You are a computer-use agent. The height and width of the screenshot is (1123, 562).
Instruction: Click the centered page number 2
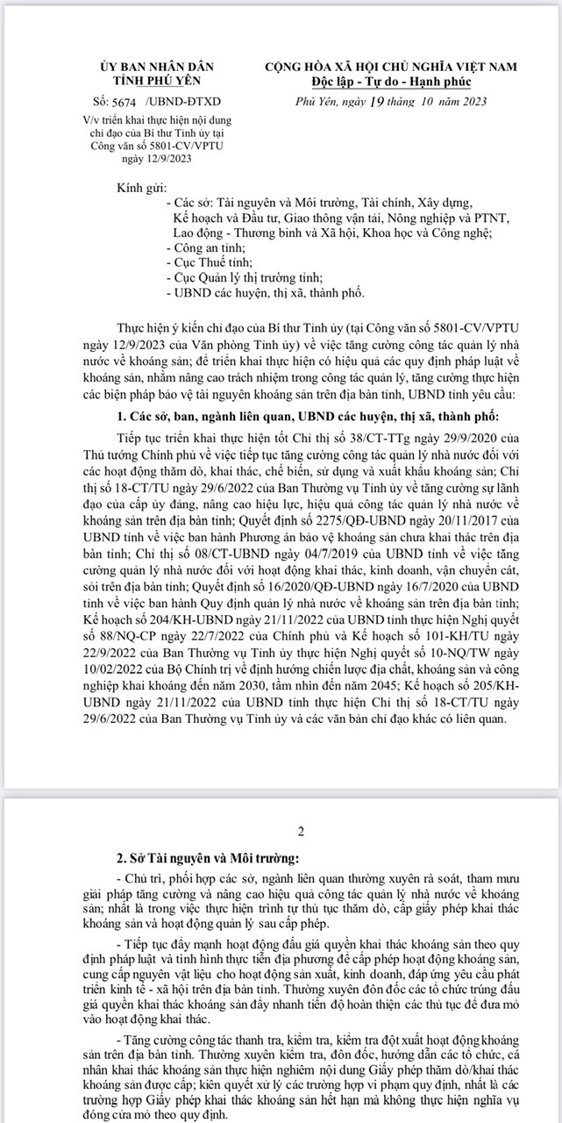tap(301, 832)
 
